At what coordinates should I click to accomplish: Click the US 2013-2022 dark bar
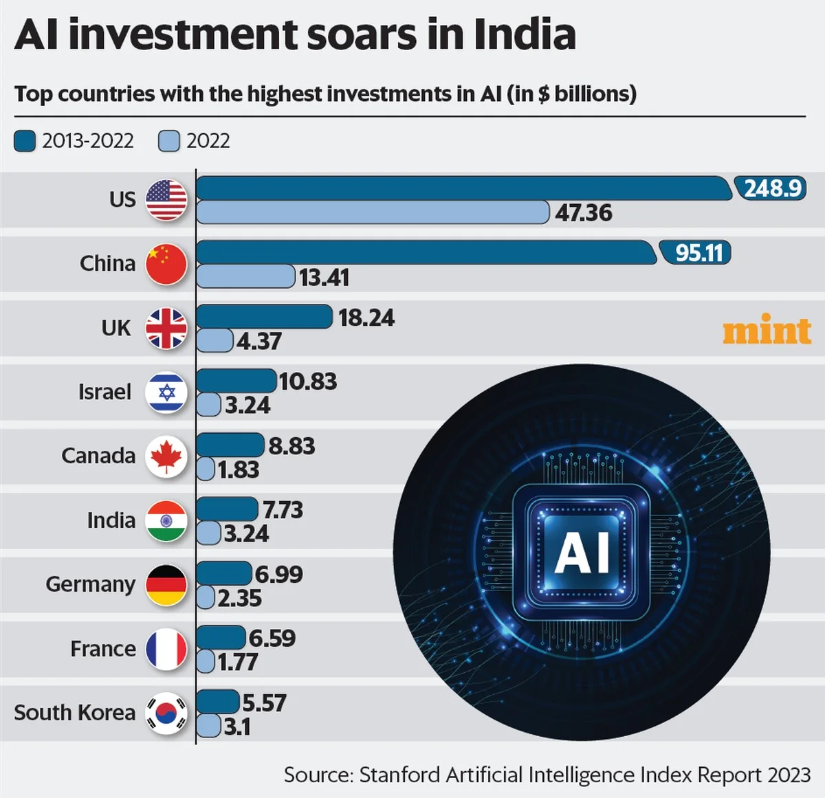464,188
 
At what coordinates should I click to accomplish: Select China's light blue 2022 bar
245,276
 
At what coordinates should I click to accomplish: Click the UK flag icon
166,329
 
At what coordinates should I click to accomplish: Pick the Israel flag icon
166,392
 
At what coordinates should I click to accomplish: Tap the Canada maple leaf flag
166,456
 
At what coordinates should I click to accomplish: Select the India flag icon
166,520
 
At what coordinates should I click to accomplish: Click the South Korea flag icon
166,713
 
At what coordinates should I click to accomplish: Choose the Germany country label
90,584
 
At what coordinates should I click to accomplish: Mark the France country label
102,648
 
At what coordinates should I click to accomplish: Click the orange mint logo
767,331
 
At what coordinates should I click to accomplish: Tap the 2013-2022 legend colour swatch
25,141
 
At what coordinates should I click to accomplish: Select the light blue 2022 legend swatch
169,141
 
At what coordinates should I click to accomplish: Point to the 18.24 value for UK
366,318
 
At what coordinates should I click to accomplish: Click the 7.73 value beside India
283,510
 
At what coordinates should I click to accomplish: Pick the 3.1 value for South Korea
237,727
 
